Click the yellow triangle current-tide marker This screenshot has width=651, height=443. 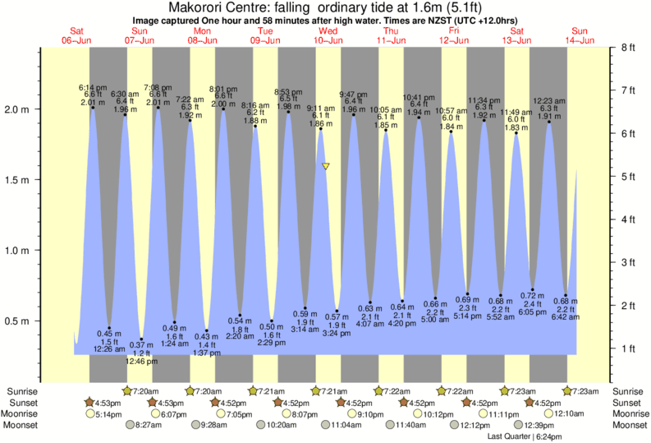[x=326, y=166]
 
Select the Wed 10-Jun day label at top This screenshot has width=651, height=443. [x=328, y=35]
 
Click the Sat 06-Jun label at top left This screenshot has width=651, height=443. [x=77, y=35]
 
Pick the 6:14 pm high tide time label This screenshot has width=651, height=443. [x=93, y=87]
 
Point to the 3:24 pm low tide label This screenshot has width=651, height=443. [x=337, y=334]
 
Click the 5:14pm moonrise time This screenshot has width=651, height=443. [x=109, y=414]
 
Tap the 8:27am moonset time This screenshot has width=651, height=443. [x=148, y=426]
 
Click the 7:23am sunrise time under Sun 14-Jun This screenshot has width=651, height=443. [x=583, y=391]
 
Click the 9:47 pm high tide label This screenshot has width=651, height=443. [x=354, y=94]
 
